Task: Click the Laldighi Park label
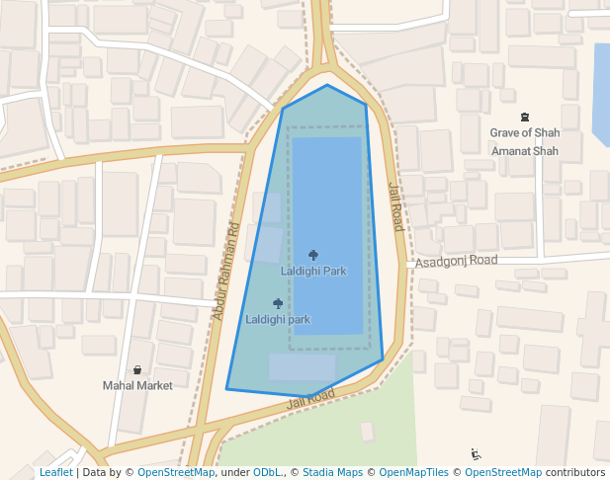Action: point(313,271)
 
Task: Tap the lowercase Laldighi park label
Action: point(278,319)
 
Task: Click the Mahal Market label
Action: point(137,385)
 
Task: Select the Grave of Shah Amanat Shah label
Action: point(524,141)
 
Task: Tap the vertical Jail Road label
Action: point(395,206)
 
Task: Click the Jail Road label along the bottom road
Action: point(311,399)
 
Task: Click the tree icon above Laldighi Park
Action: point(313,255)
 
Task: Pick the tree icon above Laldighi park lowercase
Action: point(278,303)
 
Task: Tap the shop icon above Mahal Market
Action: point(137,369)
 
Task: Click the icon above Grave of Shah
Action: point(524,118)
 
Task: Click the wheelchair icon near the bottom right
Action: point(477,454)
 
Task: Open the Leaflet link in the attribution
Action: point(55,473)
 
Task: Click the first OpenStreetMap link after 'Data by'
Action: point(176,473)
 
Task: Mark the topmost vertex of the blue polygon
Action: point(327,85)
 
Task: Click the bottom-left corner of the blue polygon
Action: point(226,389)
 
